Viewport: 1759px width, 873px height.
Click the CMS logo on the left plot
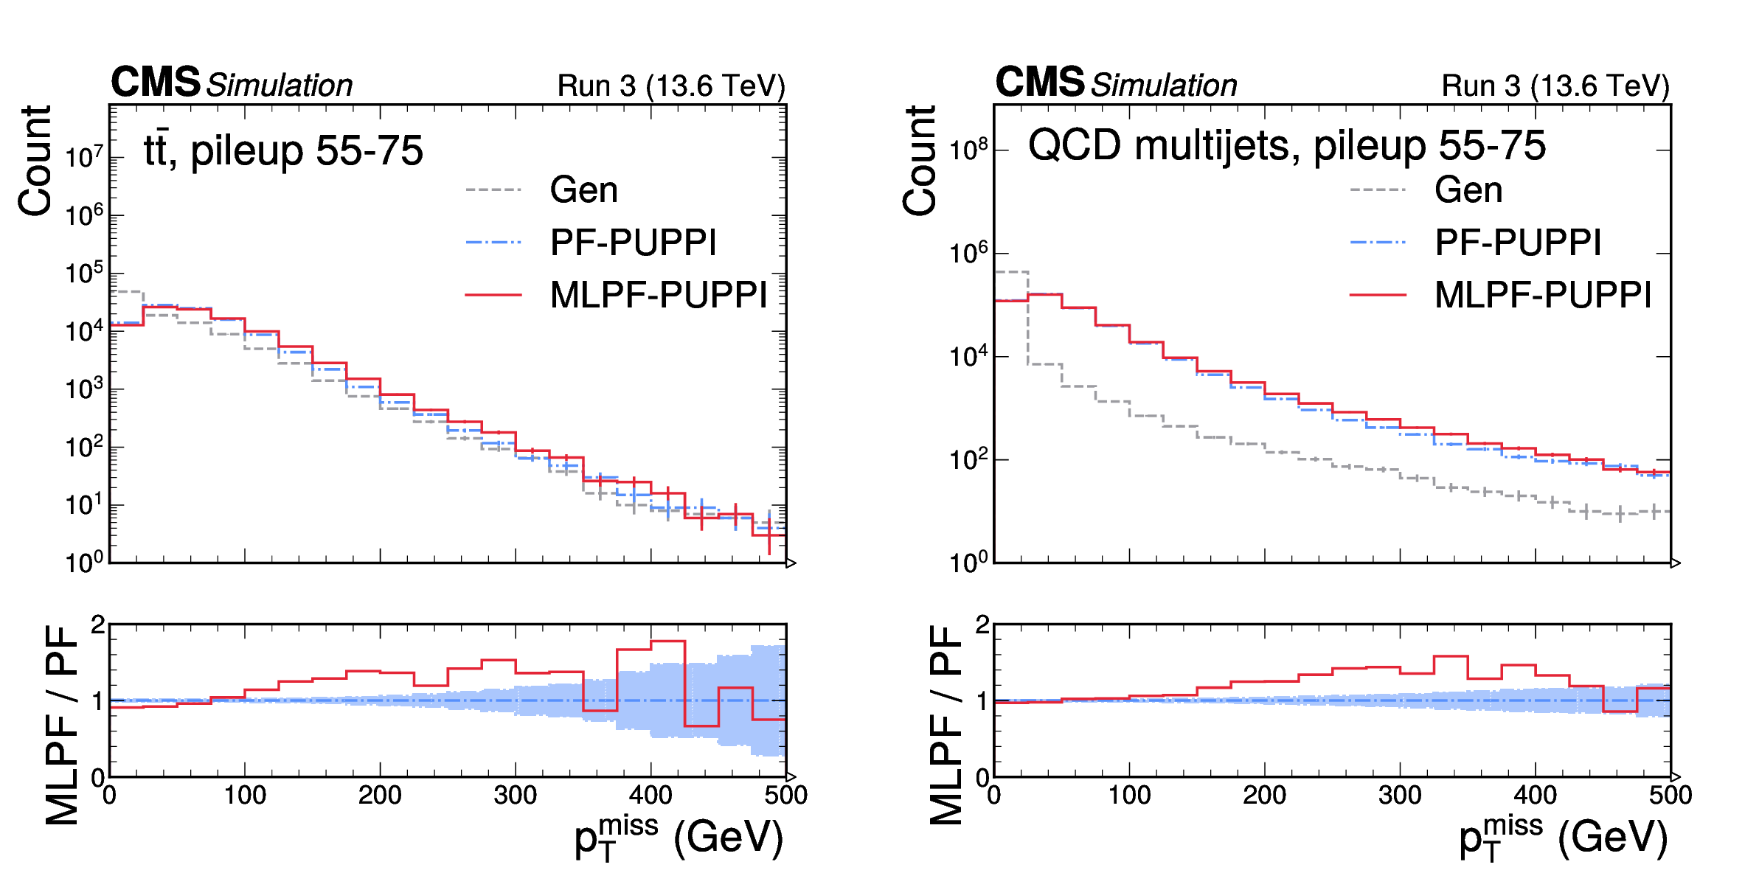pos(155,82)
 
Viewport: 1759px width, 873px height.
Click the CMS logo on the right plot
pos(1039,82)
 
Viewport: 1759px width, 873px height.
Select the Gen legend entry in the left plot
pos(583,190)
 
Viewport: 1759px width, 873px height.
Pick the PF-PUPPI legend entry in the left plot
pos(633,243)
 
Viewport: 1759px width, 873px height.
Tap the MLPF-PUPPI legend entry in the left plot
pos(659,295)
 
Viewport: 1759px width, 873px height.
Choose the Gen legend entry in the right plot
pos(1468,190)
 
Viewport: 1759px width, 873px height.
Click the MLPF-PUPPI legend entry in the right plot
pos(1543,295)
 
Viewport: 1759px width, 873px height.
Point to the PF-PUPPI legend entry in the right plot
pos(1518,243)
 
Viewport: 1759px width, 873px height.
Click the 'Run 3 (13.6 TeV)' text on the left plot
pos(671,86)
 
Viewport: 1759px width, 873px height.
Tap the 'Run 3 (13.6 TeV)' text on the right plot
pos(1555,86)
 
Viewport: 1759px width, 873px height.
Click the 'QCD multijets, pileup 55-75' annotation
pos(1286,145)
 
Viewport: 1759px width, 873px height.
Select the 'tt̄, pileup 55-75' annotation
pos(283,151)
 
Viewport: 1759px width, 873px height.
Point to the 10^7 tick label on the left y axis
pos(84,157)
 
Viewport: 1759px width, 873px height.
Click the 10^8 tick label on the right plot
pos(968,150)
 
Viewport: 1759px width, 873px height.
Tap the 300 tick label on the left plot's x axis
pos(515,796)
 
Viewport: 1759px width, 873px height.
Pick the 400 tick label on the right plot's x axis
pos(1535,796)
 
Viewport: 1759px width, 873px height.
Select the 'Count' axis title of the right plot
pos(919,161)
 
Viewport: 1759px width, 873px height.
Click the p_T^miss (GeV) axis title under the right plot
pos(1563,838)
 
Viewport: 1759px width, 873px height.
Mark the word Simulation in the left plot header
pos(279,86)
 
